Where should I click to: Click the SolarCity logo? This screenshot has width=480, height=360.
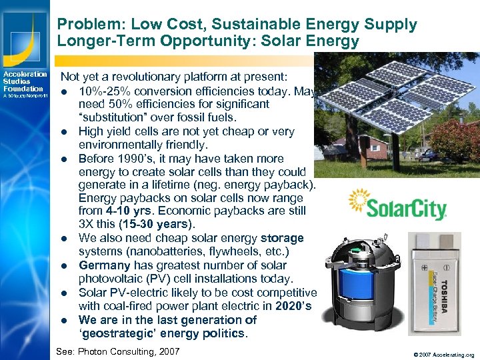(x=397, y=205)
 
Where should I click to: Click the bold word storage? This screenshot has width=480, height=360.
(x=282, y=238)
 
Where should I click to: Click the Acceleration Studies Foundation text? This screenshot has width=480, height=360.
(x=24, y=81)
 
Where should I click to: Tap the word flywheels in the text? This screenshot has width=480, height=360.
(x=235, y=251)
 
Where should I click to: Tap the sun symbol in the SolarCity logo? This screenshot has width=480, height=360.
(x=359, y=199)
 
